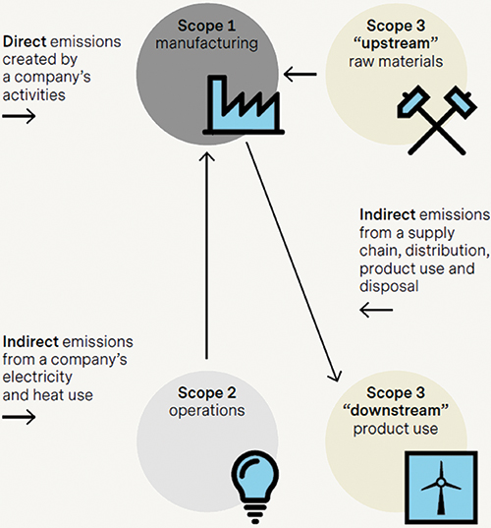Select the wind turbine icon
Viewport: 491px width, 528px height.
pyautogui.click(x=441, y=488)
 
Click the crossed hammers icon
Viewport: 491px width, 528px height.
pyautogui.click(x=437, y=120)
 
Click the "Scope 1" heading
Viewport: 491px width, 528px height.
pyautogui.click(x=206, y=26)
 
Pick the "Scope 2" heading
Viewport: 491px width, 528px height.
pyautogui.click(x=207, y=392)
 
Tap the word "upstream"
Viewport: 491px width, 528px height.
pyautogui.click(x=396, y=43)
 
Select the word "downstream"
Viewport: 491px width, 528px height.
pyautogui.click(x=396, y=410)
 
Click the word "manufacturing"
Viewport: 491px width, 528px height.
pyautogui.click(x=206, y=43)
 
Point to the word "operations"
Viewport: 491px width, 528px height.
pyautogui.click(x=207, y=411)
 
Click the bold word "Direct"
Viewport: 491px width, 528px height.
pyautogui.click(x=25, y=41)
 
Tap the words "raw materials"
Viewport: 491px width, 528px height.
pyautogui.click(x=396, y=62)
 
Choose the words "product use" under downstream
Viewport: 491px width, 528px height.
pyautogui.click(x=396, y=429)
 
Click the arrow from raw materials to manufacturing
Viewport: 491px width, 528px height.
pyautogui.click(x=300, y=74)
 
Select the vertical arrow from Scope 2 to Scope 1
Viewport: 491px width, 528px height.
pyautogui.click(x=206, y=255)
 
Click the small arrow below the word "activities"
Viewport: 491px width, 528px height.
pyautogui.click(x=19, y=116)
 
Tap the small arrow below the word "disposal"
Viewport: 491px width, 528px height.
pyautogui.click(x=376, y=310)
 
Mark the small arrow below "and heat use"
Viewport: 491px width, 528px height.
pyautogui.click(x=19, y=417)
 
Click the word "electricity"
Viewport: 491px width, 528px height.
pyautogui.click(x=37, y=378)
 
